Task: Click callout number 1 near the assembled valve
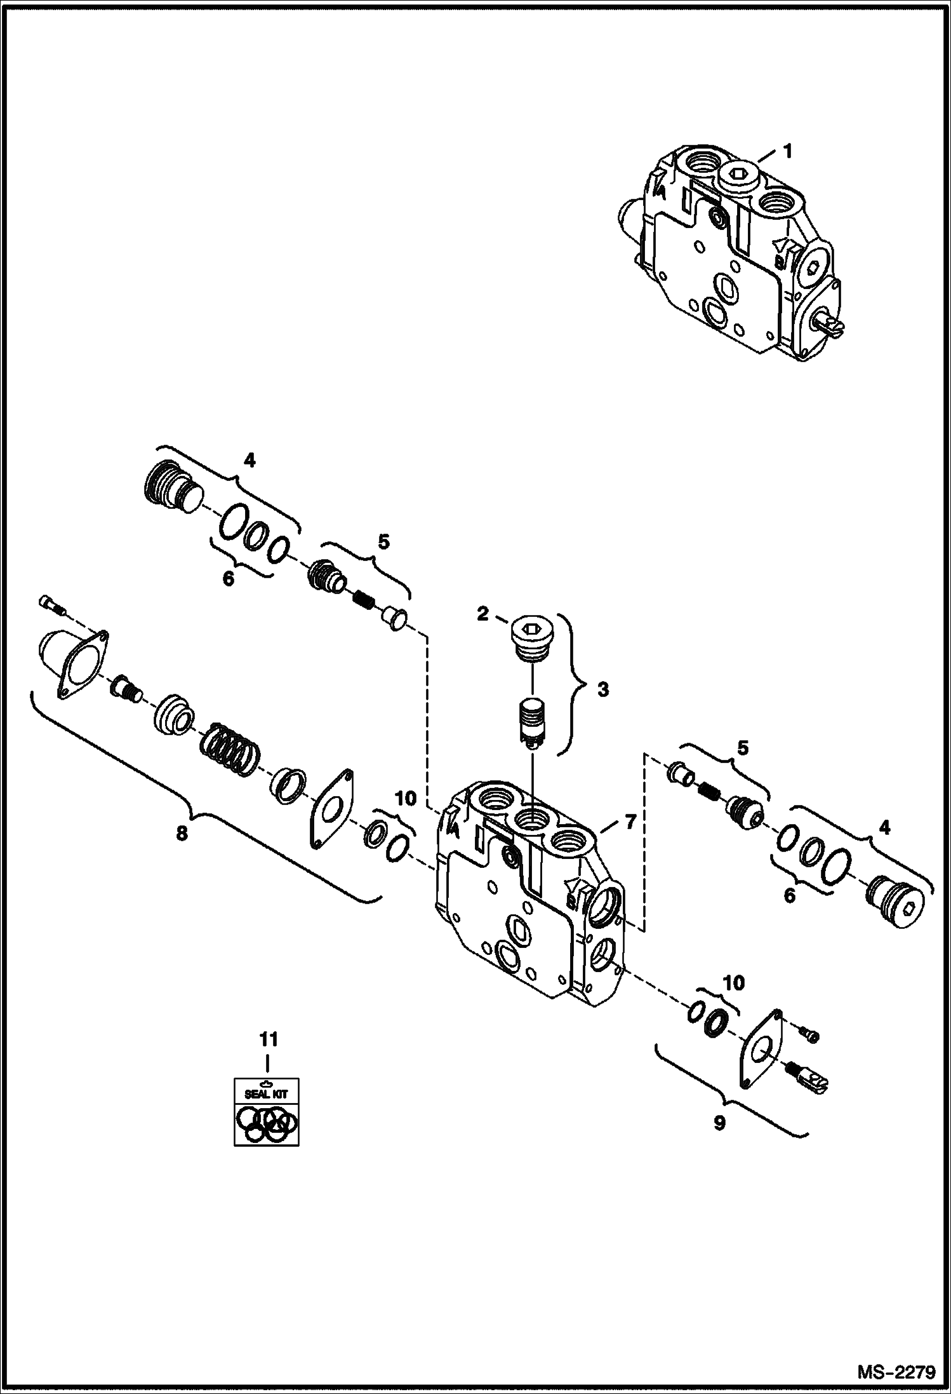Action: point(787,152)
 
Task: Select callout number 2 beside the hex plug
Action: point(483,614)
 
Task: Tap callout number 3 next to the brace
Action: point(602,689)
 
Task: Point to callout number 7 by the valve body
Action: point(629,822)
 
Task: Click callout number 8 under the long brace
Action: point(182,833)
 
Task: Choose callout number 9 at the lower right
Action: point(719,1123)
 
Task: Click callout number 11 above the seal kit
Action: point(268,1039)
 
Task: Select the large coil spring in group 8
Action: point(231,750)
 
